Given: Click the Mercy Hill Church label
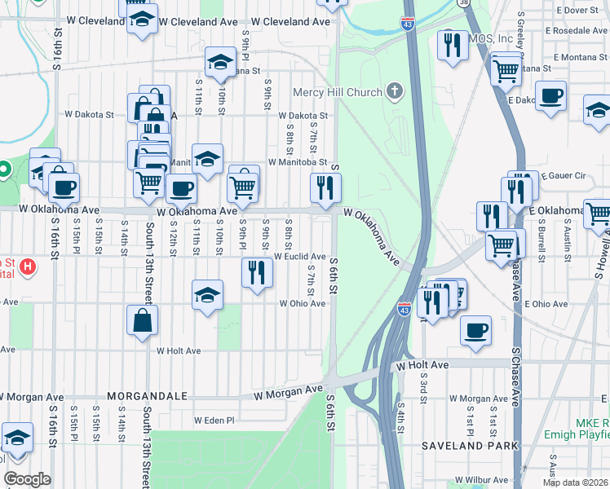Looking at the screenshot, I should tap(340, 92).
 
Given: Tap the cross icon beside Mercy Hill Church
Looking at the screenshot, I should tap(395, 91).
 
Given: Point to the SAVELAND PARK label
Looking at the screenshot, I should tap(470, 446).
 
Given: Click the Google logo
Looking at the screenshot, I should tap(27, 478).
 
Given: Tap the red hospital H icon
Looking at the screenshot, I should tap(27, 266).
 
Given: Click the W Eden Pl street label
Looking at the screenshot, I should tap(214, 421).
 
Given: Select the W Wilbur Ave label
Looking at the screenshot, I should tap(481, 480).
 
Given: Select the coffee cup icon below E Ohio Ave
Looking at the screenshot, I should tap(475, 330).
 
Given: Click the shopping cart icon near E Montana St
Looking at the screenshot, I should tap(506, 69).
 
